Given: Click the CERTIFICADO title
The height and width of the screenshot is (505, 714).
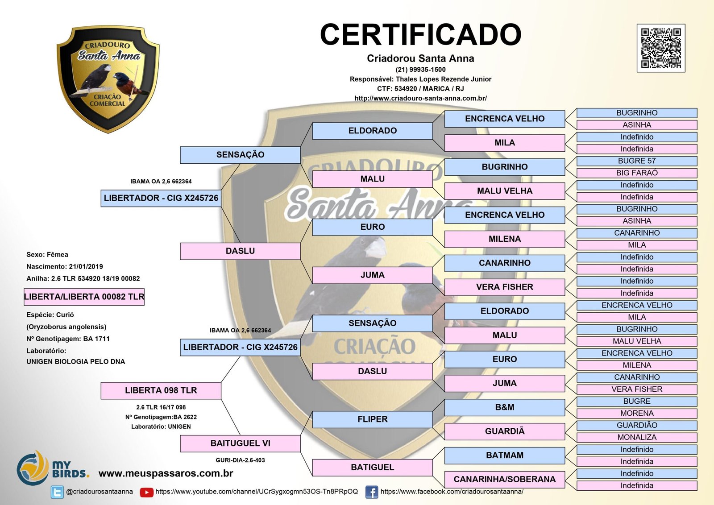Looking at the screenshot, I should [x=420, y=35].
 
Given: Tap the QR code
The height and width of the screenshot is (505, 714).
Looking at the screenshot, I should [x=660, y=48].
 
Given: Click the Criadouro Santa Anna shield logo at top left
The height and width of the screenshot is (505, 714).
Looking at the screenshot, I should [x=108, y=79].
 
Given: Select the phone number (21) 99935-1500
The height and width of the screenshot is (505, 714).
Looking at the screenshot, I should [x=420, y=70].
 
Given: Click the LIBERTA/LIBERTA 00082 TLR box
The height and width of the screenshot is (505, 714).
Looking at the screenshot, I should [x=84, y=297].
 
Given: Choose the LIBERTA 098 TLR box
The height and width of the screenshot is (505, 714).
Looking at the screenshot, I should [x=161, y=390].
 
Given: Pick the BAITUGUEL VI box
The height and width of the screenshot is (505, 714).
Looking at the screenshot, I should [x=240, y=443].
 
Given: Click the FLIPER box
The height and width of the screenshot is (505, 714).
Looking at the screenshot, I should [x=372, y=419].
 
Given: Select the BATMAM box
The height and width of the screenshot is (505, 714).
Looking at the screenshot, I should [x=504, y=455].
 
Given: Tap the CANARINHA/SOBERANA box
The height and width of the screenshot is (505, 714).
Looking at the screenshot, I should [x=504, y=480].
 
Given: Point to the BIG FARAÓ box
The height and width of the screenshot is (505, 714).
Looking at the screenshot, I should [x=636, y=173].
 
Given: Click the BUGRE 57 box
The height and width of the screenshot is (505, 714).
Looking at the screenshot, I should [x=636, y=161].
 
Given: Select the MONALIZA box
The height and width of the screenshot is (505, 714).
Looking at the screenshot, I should [x=636, y=438].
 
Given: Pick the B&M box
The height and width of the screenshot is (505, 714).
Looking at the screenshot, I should [x=504, y=407].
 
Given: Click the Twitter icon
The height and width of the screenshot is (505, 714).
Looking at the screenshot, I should [x=57, y=492].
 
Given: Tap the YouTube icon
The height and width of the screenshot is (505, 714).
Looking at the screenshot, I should [x=146, y=492].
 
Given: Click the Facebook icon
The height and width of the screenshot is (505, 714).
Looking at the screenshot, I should [x=371, y=492].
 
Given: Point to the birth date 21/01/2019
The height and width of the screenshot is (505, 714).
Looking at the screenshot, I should [x=86, y=267].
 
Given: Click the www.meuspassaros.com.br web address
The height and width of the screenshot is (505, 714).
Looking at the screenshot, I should [x=166, y=473].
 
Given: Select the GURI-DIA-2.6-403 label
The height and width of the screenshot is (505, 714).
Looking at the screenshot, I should [x=240, y=460].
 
